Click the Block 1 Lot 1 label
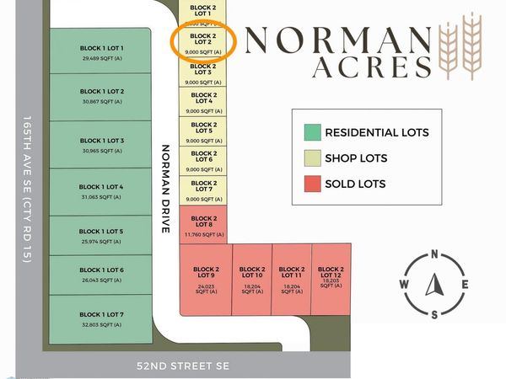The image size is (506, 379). pos(102,49)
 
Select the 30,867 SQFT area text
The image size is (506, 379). pos(102,101)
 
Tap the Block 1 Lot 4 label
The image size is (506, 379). pos(102,186)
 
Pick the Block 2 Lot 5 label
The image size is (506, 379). pos(202,128)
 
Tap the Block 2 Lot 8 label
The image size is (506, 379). pos(202,222)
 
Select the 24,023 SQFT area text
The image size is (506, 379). pos(202,288)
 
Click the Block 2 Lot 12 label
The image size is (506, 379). pos(331,272)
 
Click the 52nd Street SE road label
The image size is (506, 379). pos(183,366)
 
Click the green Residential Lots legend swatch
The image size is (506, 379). pos(313,132)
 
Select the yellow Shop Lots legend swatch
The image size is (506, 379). pos(313,157)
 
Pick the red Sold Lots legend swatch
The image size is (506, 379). pos(313,184)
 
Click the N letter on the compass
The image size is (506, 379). pos(434,254)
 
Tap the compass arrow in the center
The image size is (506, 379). pos(434,285)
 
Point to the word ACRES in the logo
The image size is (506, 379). pos(372,68)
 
